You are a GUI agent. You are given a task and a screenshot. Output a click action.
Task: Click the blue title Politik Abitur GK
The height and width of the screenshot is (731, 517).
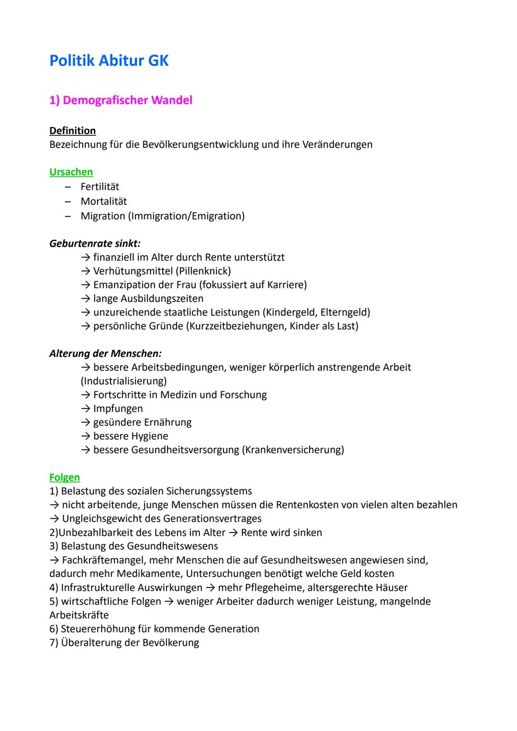pos(109,61)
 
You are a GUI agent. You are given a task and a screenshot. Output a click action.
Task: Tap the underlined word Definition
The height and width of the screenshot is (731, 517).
pos(72,131)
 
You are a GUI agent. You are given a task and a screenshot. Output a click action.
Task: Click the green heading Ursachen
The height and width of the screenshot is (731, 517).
pos(71,172)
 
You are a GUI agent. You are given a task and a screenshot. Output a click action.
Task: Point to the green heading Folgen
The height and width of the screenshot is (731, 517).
pos(64,477)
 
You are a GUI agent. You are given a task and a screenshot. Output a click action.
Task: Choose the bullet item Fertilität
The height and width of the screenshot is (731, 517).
pos(100,187)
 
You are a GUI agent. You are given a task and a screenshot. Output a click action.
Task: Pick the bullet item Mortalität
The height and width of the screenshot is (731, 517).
pos(103,201)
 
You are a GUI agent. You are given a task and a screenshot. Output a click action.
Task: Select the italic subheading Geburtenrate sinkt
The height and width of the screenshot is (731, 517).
pos(94,244)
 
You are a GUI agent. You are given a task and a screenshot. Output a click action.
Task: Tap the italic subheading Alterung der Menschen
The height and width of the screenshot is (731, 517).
pos(105,354)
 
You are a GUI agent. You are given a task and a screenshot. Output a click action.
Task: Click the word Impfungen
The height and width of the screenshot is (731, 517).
pos(118,409)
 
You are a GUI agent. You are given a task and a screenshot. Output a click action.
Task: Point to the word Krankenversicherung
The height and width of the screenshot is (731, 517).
pos(294,450)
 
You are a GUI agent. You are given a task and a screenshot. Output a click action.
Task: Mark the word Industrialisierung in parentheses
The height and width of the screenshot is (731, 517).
pos(124,381)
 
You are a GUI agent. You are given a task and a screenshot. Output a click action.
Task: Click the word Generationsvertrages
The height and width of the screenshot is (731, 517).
pos(212,519)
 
